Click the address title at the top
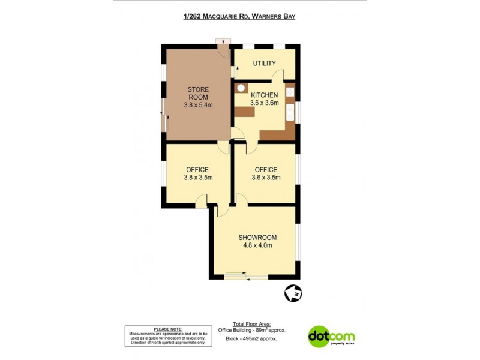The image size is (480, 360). (239, 16)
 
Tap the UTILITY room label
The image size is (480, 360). (264, 63)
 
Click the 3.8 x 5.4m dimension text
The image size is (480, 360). (198, 105)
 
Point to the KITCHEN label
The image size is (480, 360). (264, 95)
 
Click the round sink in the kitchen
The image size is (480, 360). (241, 88)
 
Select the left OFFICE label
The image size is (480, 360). (197, 169)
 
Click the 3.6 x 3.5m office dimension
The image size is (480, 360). (266, 178)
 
